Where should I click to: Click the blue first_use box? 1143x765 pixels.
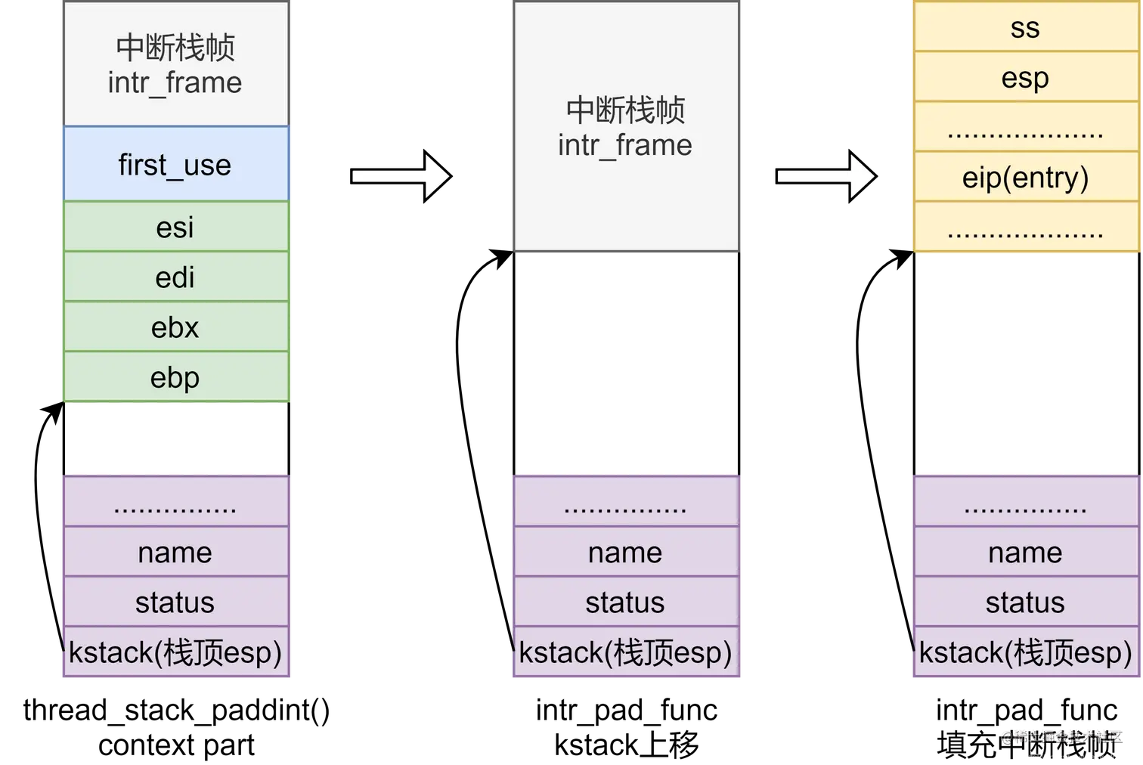[x=175, y=164]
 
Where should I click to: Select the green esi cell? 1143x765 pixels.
[x=175, y=227]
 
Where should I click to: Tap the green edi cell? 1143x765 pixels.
[x=175, y=277]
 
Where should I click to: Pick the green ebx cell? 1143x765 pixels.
[x=175, y=327]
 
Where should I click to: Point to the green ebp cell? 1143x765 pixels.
[x=175, y=377]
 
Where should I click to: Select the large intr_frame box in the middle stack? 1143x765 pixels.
[x=625, y=127]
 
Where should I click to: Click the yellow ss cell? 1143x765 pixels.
[x=1025, y=28]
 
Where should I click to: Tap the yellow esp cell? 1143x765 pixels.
[x=1025, y=77]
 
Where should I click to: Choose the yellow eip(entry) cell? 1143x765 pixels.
[x=1025, y=177]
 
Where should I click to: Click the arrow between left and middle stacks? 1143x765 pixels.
[x=401, y=176]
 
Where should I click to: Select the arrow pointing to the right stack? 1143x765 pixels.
[x=825, y=176]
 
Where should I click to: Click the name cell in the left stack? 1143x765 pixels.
[x=175, y=553]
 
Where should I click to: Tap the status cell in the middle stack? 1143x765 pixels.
[x=625, y=602]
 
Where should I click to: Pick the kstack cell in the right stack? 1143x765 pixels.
[x=1025, y=652]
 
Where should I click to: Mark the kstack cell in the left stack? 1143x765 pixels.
[x=175, y=652]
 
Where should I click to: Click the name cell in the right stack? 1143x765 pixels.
[x=1025, y=553]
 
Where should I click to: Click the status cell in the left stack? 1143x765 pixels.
[x=175, y=602]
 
